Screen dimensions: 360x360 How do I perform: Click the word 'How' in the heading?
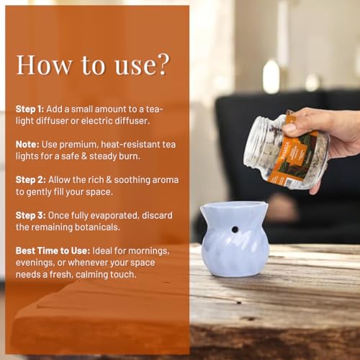pyautogui.click(x=44, y=65)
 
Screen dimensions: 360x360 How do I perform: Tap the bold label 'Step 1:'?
pyautogui.click(x=30, y=109)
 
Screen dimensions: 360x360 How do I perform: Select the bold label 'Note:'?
pyautogui.click(x=27, y=145)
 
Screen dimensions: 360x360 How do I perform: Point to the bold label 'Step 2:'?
pyautogui.click(x=31, y=180)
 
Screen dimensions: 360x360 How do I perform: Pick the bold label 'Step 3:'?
pyautogui.click(x=31, y=215)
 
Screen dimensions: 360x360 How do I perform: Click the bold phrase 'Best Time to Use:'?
pyautogui.click(x=53, y=251)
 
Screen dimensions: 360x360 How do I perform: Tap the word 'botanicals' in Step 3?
pyautogui.click(x=96, y=227)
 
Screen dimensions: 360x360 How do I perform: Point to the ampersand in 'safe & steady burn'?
pyautogui.click(x=84, y=156)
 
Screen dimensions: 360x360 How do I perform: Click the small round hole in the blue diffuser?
pyautogui.click(x=235, y=230)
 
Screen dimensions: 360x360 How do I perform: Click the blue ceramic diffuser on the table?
pyautogui.click(x=235, y=239)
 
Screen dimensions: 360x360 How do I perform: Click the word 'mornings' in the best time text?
pyautogui.click(x=149, y=251)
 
